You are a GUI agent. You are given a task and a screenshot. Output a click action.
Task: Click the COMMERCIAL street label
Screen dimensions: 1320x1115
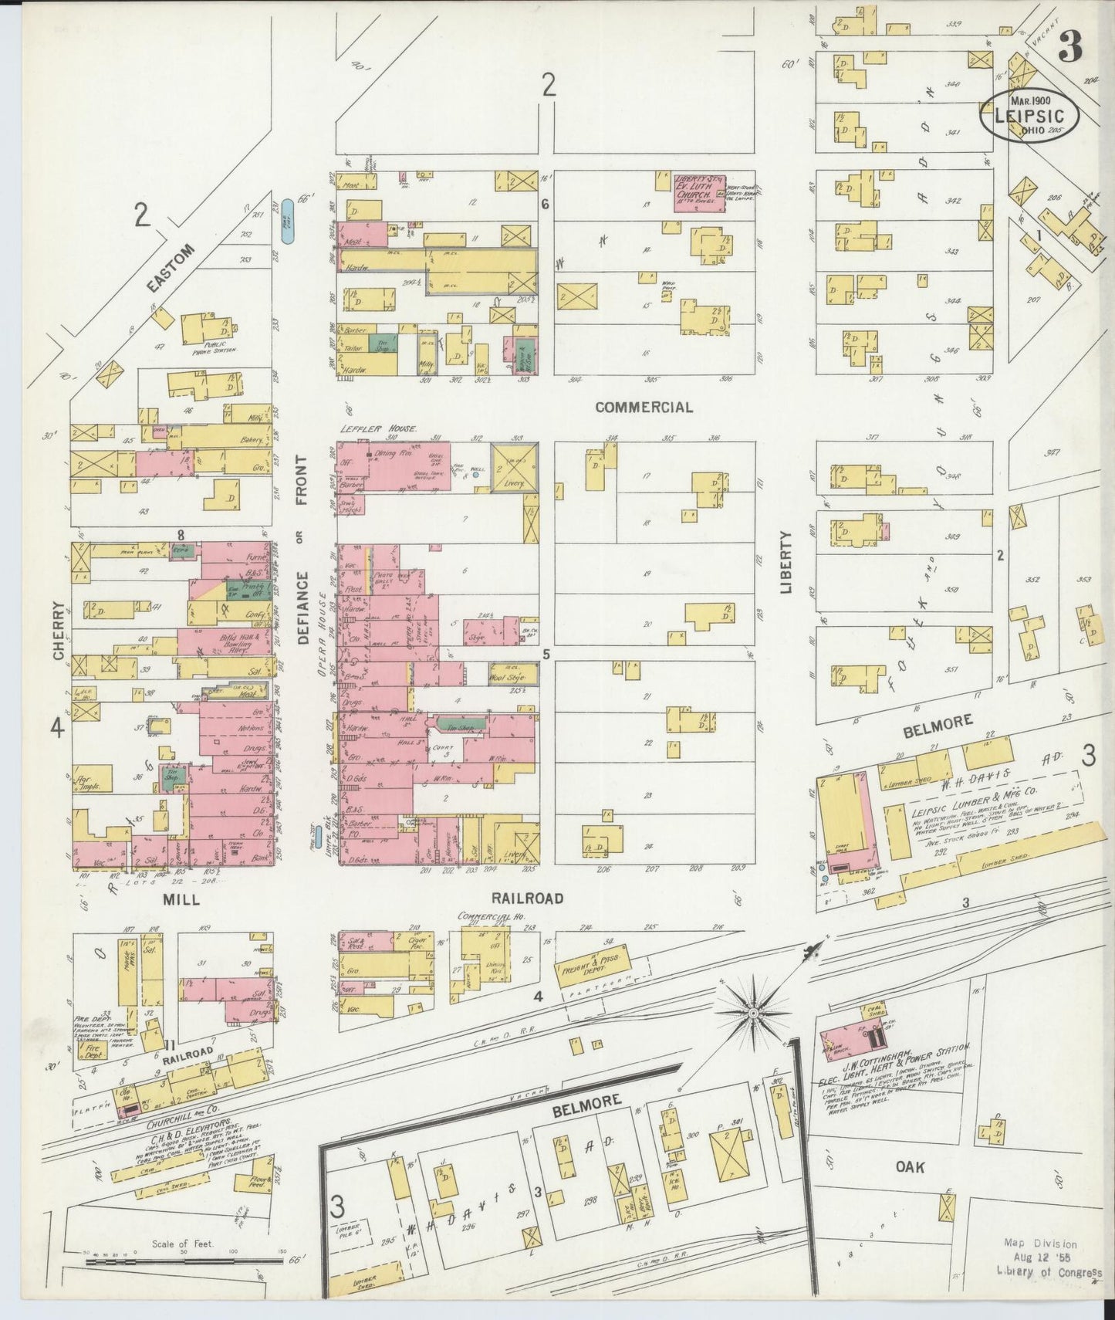(644, 407)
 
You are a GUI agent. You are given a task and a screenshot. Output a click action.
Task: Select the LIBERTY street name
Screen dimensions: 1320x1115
(786, 562)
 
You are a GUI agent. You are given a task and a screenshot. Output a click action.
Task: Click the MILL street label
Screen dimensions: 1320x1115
(181, 899)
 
